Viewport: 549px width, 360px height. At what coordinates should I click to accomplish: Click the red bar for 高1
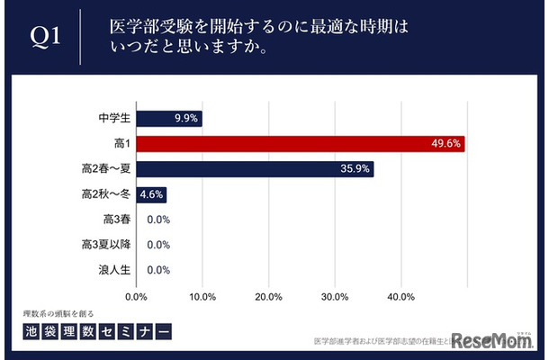pos(301,143)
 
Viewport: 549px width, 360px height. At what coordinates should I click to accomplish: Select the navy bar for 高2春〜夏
pos(255,168)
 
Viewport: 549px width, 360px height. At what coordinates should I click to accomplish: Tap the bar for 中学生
pos(169,118)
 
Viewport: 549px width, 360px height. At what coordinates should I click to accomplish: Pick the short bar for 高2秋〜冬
pos(151,193)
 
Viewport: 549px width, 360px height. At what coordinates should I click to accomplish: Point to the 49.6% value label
pos(446,143)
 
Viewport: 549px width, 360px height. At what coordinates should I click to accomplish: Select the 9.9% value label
pos(186,118)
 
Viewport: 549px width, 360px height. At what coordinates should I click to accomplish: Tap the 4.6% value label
pos(151,193)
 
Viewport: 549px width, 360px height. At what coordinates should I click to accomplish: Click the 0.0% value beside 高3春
pos(158,219)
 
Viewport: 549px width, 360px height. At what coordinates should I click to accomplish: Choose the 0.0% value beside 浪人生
pos(158,269)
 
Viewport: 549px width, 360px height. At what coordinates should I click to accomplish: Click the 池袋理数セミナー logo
pos(97,330)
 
